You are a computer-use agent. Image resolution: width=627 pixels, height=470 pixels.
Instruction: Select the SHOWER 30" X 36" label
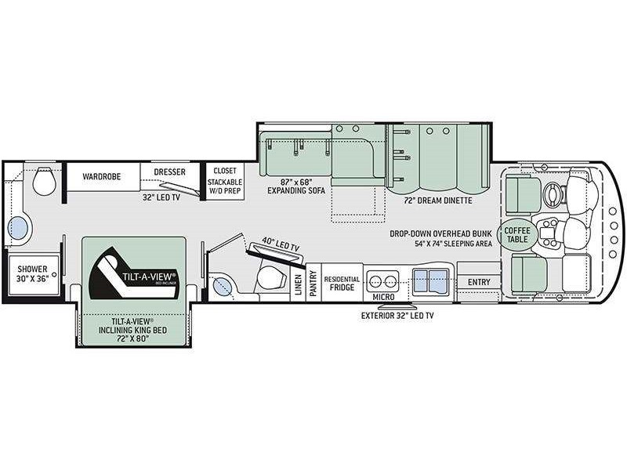point(34,273)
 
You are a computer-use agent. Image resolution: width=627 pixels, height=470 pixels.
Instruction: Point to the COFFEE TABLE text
point(516,233)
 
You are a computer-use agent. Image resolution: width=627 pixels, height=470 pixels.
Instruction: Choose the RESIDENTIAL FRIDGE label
point(342,283)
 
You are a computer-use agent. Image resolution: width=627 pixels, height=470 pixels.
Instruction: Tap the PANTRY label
point(313,281)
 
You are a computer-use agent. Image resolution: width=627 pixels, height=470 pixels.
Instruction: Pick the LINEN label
point(298,284)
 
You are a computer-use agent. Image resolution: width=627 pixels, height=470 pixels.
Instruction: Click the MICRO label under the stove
point(382,297)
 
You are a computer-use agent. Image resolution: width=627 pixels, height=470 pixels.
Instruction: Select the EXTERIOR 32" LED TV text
point(397,316)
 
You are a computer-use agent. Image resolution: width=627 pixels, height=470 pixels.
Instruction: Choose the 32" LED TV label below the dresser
point(159,197)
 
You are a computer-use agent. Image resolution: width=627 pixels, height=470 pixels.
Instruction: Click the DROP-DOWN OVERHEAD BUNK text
point(443,233)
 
